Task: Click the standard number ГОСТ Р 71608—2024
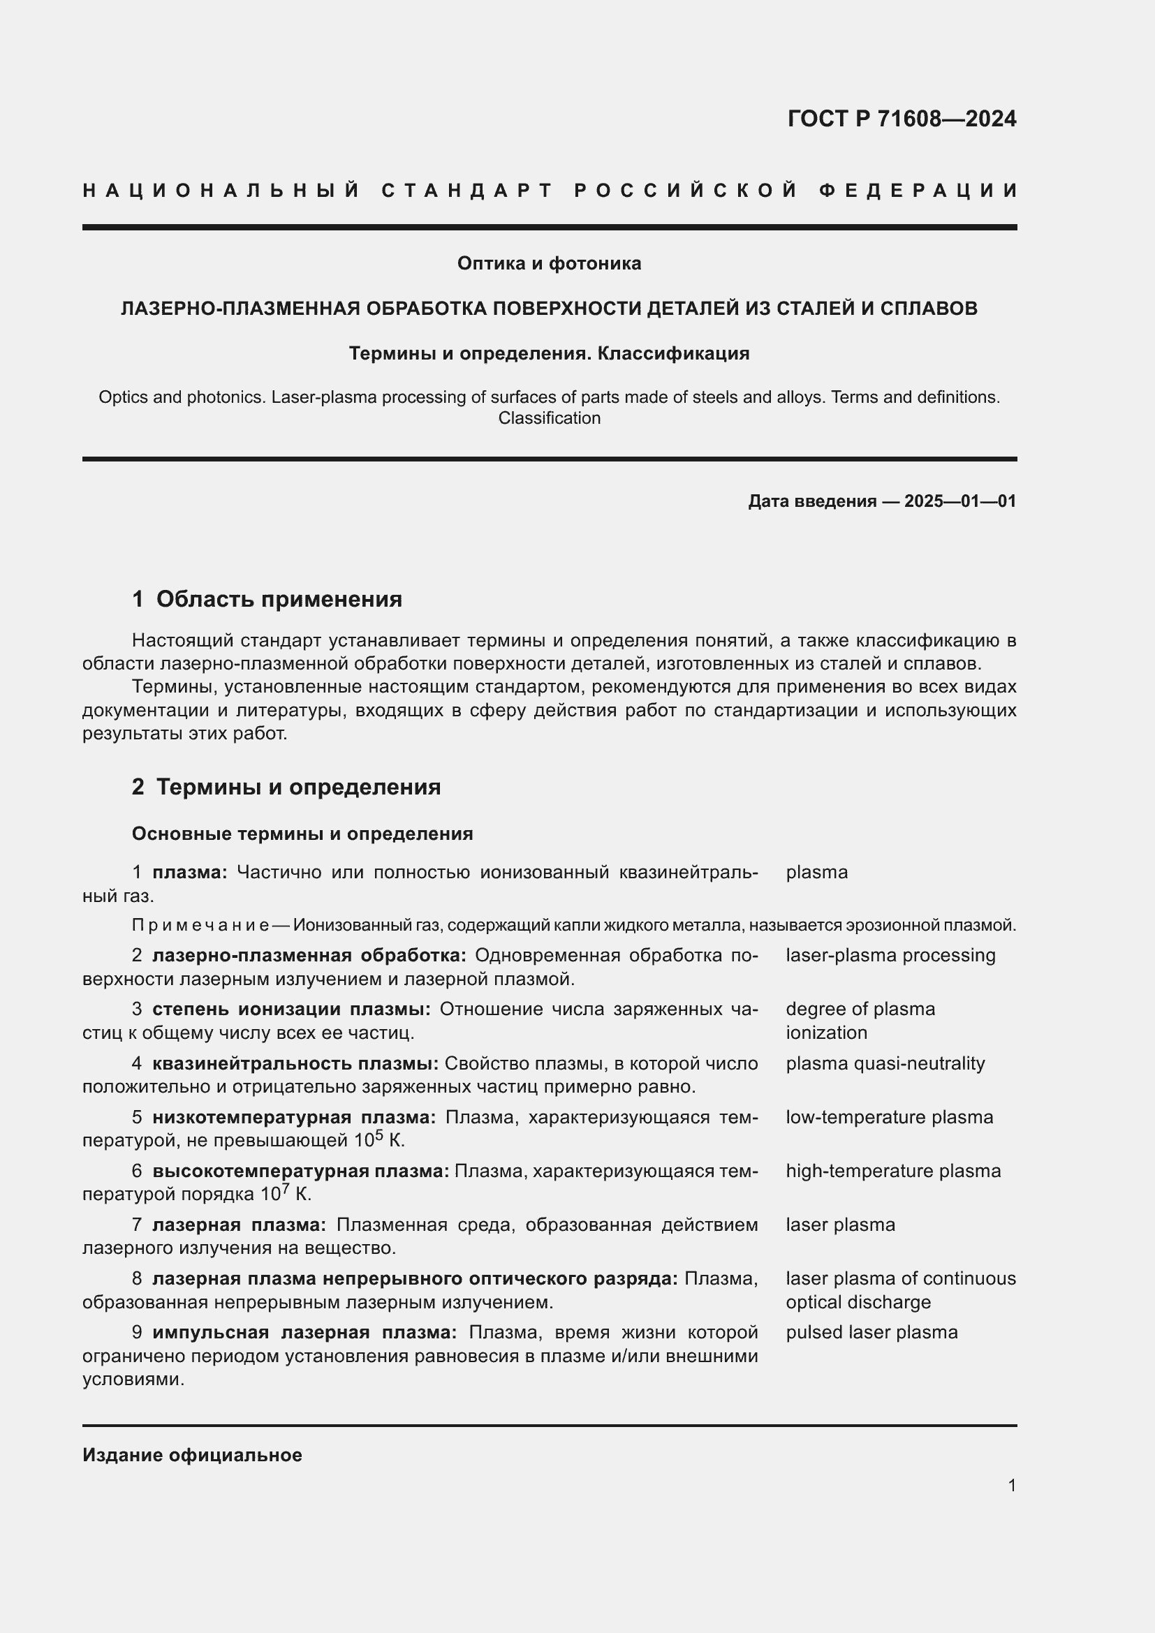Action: (901, 119)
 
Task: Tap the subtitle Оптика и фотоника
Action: (549, 264)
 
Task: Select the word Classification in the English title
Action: (549, 418)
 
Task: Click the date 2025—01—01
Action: (959, 501)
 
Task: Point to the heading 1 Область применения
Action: (267, 600)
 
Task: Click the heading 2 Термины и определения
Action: (286, 788)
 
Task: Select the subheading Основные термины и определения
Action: (302, 834)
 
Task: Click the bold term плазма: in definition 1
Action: (190, 873)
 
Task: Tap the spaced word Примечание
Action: (200, 925)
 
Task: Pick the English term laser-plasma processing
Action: (890, 955)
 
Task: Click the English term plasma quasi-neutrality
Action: (885, 1063)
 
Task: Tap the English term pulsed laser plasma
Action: (871, 1332)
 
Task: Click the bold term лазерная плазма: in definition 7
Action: (239, 1225)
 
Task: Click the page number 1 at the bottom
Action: (1012, 1485)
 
